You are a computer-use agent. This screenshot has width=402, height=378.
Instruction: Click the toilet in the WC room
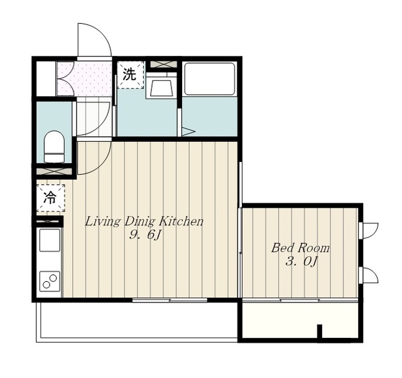click(54, 146)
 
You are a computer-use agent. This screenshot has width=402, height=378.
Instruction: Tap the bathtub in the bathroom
click(210, 78)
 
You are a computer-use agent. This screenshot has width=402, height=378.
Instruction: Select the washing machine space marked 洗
click(130, 75)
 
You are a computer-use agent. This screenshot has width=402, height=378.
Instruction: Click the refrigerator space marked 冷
click(50, 198)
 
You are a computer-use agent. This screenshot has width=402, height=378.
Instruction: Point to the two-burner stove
click(50, 281)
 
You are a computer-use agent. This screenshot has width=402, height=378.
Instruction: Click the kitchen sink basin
click(50, 240)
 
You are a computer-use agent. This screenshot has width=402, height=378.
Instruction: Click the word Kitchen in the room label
click(182, 222)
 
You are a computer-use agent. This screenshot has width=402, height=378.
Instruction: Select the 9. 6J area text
click(145, 235)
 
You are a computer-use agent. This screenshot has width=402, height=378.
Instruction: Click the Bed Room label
click(300, 248)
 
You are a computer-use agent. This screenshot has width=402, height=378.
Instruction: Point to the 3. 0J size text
click(301, 262)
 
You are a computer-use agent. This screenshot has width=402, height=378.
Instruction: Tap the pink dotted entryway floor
click(85, 78)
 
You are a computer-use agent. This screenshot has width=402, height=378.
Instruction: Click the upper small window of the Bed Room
click(369, 230)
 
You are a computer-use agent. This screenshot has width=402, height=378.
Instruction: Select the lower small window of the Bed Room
click(369, 275)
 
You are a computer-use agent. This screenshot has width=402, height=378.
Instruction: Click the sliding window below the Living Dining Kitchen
click(170, 300)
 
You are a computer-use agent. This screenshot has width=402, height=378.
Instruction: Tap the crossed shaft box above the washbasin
click(163, 64)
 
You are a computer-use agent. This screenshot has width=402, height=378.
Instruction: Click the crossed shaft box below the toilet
click(53, 171)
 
